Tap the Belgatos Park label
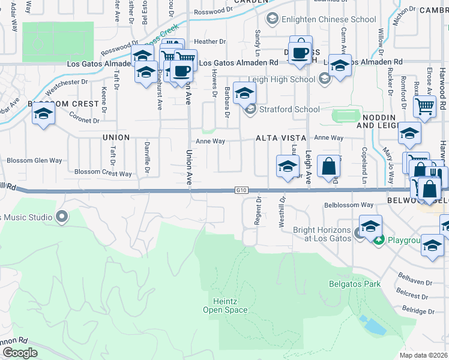point(355,284)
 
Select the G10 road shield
point(241,190)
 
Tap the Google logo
point(20,353)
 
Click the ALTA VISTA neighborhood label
point(277,138)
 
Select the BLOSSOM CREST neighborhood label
point(63,104)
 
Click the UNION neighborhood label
point(116,137)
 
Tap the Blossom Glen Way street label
point(34,161)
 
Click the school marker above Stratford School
point(244,94)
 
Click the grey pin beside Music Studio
point(61,215)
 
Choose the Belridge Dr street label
point(418,310)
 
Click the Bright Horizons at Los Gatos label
point(324,235)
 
